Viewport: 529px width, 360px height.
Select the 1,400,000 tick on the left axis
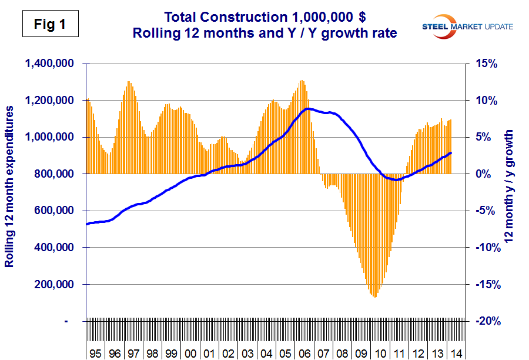(52, 64)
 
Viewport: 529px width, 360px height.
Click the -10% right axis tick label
(483, 248)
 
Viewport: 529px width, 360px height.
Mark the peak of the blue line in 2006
(308, 109)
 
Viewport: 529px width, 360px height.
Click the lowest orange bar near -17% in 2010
(374, 296)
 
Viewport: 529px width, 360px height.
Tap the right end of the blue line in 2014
(451, 153)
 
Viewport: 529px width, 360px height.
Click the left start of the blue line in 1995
(87, 224)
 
